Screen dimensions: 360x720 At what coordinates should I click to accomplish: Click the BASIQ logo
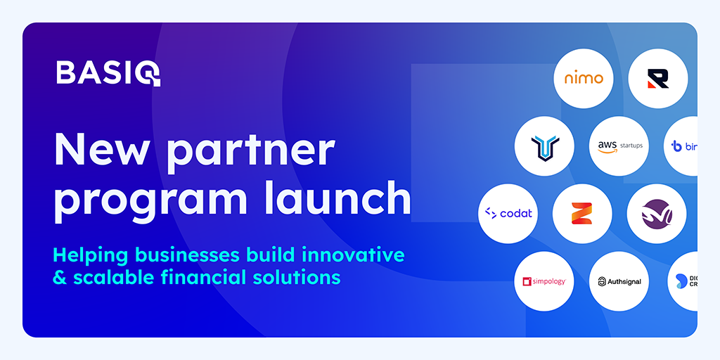tap(108, 72)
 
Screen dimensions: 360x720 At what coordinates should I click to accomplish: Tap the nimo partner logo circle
tap(584, 78)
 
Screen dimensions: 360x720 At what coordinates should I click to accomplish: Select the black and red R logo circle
tap(658, 78)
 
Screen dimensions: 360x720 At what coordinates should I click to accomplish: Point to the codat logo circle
tap(508, 213)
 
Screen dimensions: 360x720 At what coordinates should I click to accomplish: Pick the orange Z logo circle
tap(582, 213)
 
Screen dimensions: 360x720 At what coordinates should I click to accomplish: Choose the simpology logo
tap(544, 281)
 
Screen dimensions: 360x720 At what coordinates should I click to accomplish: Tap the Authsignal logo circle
tap(619, 281)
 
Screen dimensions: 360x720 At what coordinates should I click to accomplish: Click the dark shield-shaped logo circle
tap(546, 146)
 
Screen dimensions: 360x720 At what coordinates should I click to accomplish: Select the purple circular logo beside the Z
tap(657, 213)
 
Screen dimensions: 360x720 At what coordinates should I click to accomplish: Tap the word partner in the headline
tap(249, 151)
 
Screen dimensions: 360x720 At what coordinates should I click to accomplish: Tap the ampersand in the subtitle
tap(60, 277)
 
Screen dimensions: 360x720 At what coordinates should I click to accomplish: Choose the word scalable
tap(110, 276)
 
